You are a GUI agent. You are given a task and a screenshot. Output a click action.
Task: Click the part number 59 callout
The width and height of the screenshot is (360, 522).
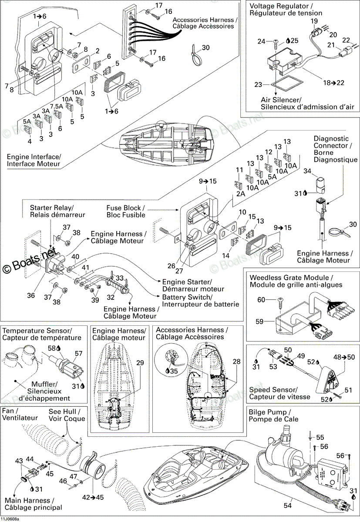click(259, 321)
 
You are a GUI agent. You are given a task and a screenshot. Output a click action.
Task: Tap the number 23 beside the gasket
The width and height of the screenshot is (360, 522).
click(258, 84)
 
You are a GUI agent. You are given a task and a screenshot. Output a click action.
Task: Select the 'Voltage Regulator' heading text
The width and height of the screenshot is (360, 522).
click(279, 6)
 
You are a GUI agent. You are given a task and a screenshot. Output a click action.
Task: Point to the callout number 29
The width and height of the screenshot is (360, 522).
click(140, 363)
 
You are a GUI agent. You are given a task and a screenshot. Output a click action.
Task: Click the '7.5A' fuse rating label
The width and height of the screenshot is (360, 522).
click(57, 106)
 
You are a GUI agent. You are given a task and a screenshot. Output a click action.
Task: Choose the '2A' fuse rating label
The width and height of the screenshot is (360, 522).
click(241, 194)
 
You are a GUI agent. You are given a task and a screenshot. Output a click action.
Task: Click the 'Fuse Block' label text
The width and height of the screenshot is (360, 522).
click(125, 208)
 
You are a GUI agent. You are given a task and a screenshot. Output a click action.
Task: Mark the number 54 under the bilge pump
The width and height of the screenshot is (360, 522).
click(288, 505)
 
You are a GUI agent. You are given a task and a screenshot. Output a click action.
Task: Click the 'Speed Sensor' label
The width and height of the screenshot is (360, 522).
click(273, 390)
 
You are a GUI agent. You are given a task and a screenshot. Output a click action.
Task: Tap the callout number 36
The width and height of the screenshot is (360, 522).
click(31, 295)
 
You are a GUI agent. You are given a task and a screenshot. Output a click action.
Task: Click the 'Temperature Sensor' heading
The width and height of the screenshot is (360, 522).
click(37, 331)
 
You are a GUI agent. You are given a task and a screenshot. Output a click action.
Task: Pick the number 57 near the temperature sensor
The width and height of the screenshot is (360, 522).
click(79, 354)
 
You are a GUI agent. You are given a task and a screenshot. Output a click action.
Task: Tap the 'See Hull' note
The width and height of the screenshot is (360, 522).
click(64, 412)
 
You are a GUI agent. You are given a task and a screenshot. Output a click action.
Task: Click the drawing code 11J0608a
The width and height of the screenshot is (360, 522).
click(10, 519)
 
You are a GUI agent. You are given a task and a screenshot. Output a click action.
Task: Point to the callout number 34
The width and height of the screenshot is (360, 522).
click(307, 171)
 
